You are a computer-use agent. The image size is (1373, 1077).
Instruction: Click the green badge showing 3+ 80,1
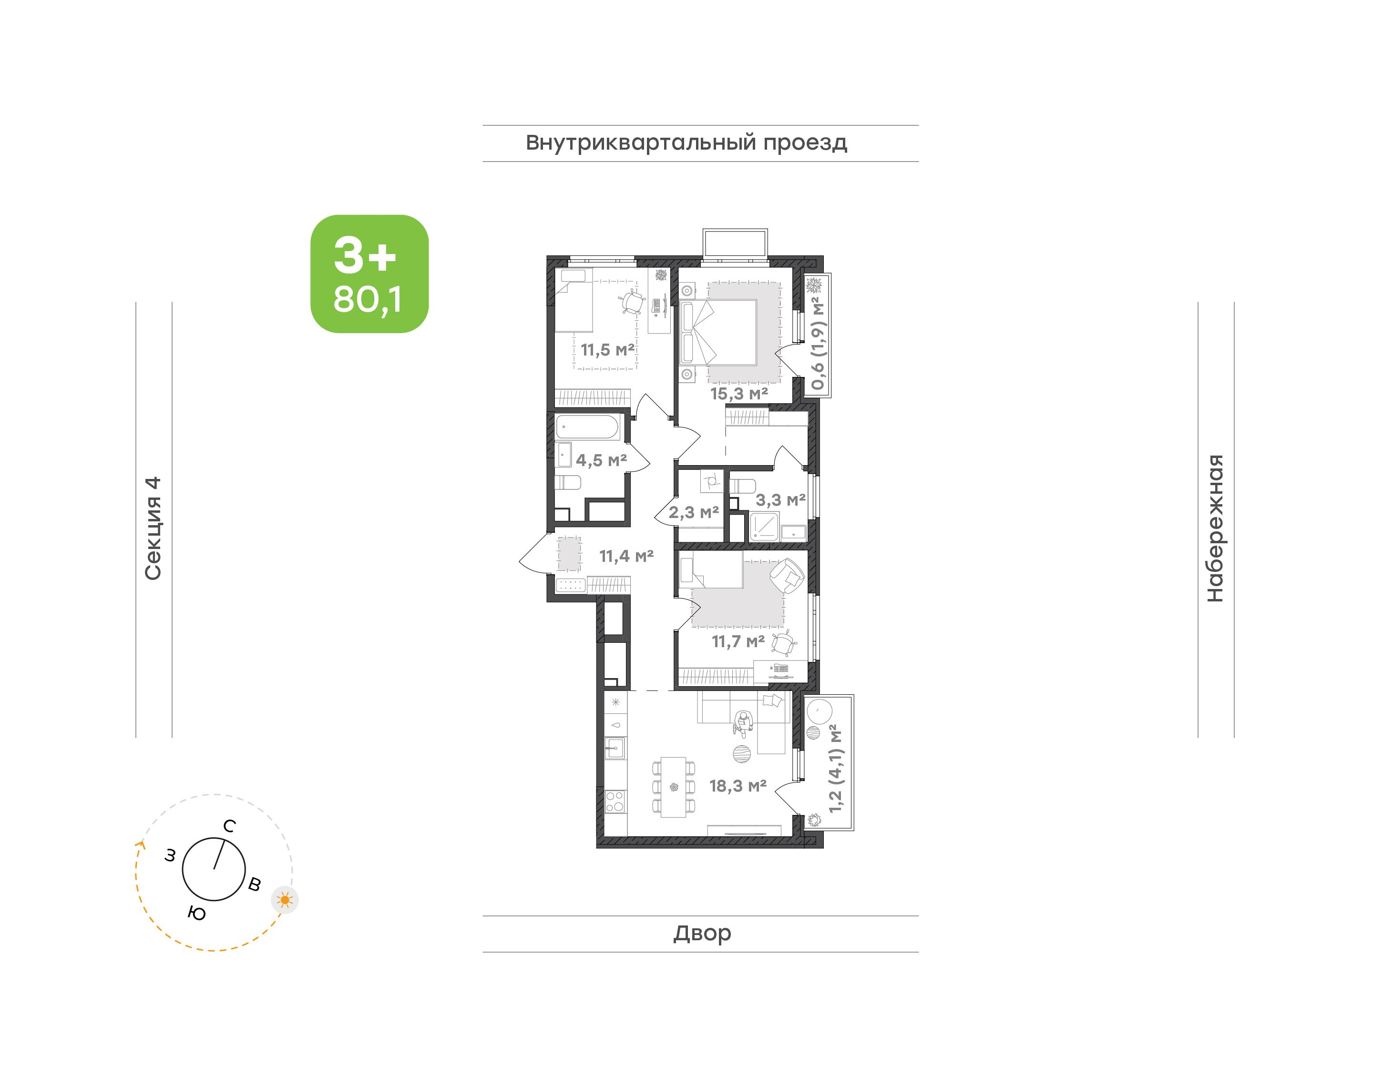pos(369,274)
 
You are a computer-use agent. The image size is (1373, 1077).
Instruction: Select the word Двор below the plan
pos(702,933)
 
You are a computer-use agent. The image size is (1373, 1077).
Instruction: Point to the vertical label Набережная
pos(1215,528)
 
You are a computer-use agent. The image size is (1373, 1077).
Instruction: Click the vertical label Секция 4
pos(153,528)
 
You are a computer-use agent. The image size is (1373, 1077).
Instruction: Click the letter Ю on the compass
pos(197,913)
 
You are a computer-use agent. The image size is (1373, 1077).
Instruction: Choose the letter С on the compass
pos(230,826)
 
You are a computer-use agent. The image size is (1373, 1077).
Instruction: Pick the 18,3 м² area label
pos(738,786)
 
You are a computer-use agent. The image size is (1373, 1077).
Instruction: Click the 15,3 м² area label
pos(739,394)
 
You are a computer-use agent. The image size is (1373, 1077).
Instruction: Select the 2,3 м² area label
pos(694,512)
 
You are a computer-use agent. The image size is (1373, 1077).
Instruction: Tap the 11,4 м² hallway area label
pos(626,556)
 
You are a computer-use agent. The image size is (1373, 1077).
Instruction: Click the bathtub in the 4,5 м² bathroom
pos(588,427)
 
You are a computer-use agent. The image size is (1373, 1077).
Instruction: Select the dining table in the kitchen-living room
pos(674,787)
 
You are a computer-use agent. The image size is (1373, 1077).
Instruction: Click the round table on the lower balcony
pos(820,711)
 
